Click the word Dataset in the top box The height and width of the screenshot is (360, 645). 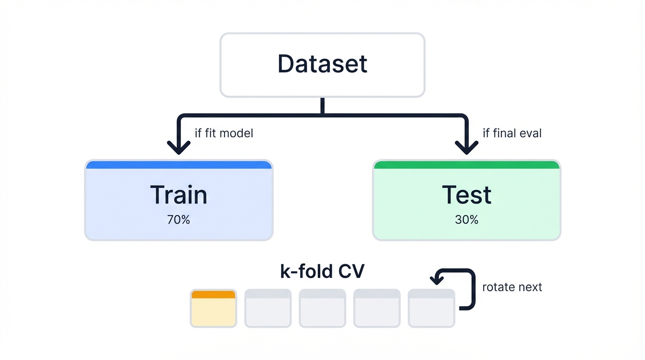coord(322,64)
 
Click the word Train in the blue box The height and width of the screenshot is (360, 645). coord(179,195)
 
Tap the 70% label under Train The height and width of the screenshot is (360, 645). coord(179,219)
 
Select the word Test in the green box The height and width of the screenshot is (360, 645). coord(466,195)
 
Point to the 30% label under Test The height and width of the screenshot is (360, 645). coord(466,219)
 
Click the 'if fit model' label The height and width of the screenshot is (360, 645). coord(224,133)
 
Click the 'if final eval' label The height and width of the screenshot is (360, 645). coord(512,133)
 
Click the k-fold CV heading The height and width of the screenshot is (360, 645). coord(322,271)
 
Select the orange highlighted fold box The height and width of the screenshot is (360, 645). coord(213,308)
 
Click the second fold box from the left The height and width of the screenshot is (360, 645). coord(268,308)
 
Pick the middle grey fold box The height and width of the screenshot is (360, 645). coord(322,308)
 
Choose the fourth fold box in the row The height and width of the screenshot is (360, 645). coord(377,308)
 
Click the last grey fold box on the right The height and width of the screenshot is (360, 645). coord(431,308)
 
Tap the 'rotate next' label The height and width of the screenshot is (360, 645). coord(512,287)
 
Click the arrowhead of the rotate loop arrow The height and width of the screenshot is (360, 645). coord(437,280)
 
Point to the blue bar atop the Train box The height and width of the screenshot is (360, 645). coord(179,165)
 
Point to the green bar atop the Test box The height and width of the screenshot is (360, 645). coord(466,165)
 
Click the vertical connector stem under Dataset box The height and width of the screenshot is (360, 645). coord(322,105)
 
